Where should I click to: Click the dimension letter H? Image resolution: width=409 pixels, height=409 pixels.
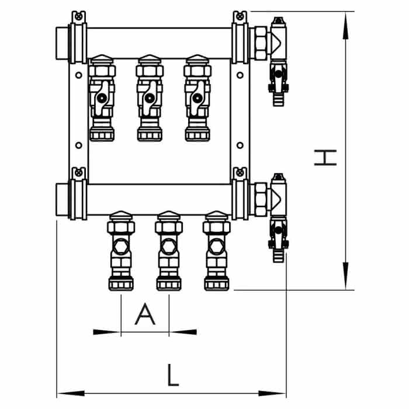click(325, 158)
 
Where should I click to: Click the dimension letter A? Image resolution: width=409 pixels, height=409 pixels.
click(145, 314)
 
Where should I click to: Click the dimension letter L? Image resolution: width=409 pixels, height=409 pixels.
click(173, 375)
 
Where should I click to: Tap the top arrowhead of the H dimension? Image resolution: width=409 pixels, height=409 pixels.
click(346, 26)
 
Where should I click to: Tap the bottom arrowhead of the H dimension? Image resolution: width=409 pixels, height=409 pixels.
click(346, 276)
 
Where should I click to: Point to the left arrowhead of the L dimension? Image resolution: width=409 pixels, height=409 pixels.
click(71, 393)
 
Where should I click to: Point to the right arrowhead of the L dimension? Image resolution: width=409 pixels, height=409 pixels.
click(272, 393)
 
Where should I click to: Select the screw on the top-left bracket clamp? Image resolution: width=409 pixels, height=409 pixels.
click(78, 17)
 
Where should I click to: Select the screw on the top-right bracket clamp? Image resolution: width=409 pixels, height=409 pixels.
click(240, 17)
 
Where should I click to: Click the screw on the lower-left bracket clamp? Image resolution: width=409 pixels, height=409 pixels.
click(78, 172)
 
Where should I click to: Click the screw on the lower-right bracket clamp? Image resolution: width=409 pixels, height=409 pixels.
click(240, 172)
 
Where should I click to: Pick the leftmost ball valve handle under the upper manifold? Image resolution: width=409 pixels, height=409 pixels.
click(101, 98)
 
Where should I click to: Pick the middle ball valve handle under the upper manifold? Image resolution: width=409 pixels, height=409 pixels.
click(149, 98)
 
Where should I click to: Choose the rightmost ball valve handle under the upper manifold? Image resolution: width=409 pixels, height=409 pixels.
click(197, 98)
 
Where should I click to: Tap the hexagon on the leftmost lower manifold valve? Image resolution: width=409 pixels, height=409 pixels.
click(121, 247)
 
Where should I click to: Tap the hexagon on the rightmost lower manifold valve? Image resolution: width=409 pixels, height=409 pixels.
click(217, 247)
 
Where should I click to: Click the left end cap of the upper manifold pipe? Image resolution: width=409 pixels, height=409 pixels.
click(62, 43)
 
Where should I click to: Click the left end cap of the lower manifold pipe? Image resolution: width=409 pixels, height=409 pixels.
click(62, 200)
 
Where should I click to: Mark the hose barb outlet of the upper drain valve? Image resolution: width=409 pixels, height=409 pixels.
click(278, 99)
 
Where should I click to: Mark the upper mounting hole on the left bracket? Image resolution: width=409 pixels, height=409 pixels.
click(78, 75)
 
